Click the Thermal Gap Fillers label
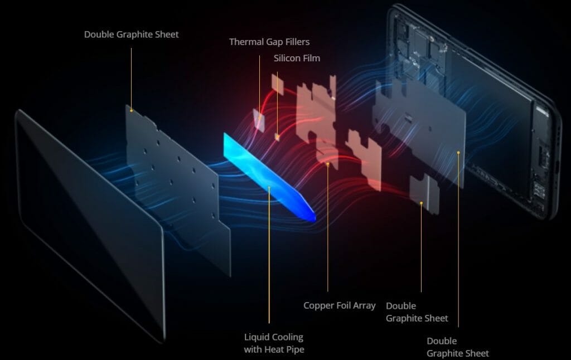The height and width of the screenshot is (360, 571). [x=269, y=42]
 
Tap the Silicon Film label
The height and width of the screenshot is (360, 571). [x=297, y=59]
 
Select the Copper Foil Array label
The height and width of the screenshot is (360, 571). [x=340, y=306]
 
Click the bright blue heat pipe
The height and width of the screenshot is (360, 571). [x=269, y=178]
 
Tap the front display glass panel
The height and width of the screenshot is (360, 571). [x=90, y=226]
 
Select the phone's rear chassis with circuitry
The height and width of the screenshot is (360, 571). [x=473, y=109]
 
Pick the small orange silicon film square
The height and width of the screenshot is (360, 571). [x=278, y=137]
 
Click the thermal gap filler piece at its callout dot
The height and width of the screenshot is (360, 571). [x=259, y=118]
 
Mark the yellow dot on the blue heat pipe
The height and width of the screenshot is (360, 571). [x=269, y=187]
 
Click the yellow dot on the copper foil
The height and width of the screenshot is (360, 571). [x=328, y=164]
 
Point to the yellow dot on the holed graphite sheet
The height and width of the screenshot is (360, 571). [x=132, y=110]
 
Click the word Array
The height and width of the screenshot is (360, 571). [x=364, y=306]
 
